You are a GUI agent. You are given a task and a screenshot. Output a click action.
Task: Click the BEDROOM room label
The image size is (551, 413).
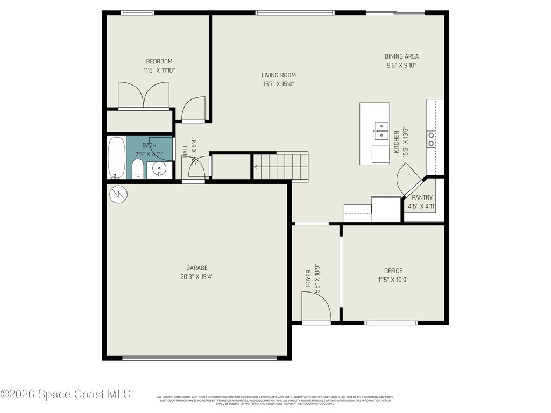(159, 61)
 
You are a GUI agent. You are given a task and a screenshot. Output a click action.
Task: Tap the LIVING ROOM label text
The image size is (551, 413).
(279, 75)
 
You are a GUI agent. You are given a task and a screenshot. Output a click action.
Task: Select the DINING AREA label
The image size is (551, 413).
(401, 56)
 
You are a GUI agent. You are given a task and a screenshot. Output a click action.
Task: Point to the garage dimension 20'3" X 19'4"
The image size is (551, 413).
(197, 276)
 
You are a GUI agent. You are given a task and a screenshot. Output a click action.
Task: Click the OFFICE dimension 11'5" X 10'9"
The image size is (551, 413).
(393, 280)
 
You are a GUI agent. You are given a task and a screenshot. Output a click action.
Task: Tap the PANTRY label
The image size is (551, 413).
(422, 197)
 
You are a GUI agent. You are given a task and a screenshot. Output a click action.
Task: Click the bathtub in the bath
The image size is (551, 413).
(116, 158)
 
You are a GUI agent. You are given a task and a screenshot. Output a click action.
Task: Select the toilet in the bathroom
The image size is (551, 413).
(138, 169)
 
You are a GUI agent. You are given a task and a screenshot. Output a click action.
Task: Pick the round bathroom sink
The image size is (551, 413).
(160, 169)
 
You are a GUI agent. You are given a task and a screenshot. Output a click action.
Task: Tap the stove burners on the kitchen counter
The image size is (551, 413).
(432, 139)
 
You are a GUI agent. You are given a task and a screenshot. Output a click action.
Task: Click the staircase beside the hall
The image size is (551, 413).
(280, 166)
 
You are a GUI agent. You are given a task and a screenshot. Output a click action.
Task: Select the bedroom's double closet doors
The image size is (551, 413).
(144, 96)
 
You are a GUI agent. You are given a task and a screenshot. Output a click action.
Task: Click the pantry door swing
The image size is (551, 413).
(407, 180)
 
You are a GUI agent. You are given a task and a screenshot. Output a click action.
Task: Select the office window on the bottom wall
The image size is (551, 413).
(391, 323)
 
